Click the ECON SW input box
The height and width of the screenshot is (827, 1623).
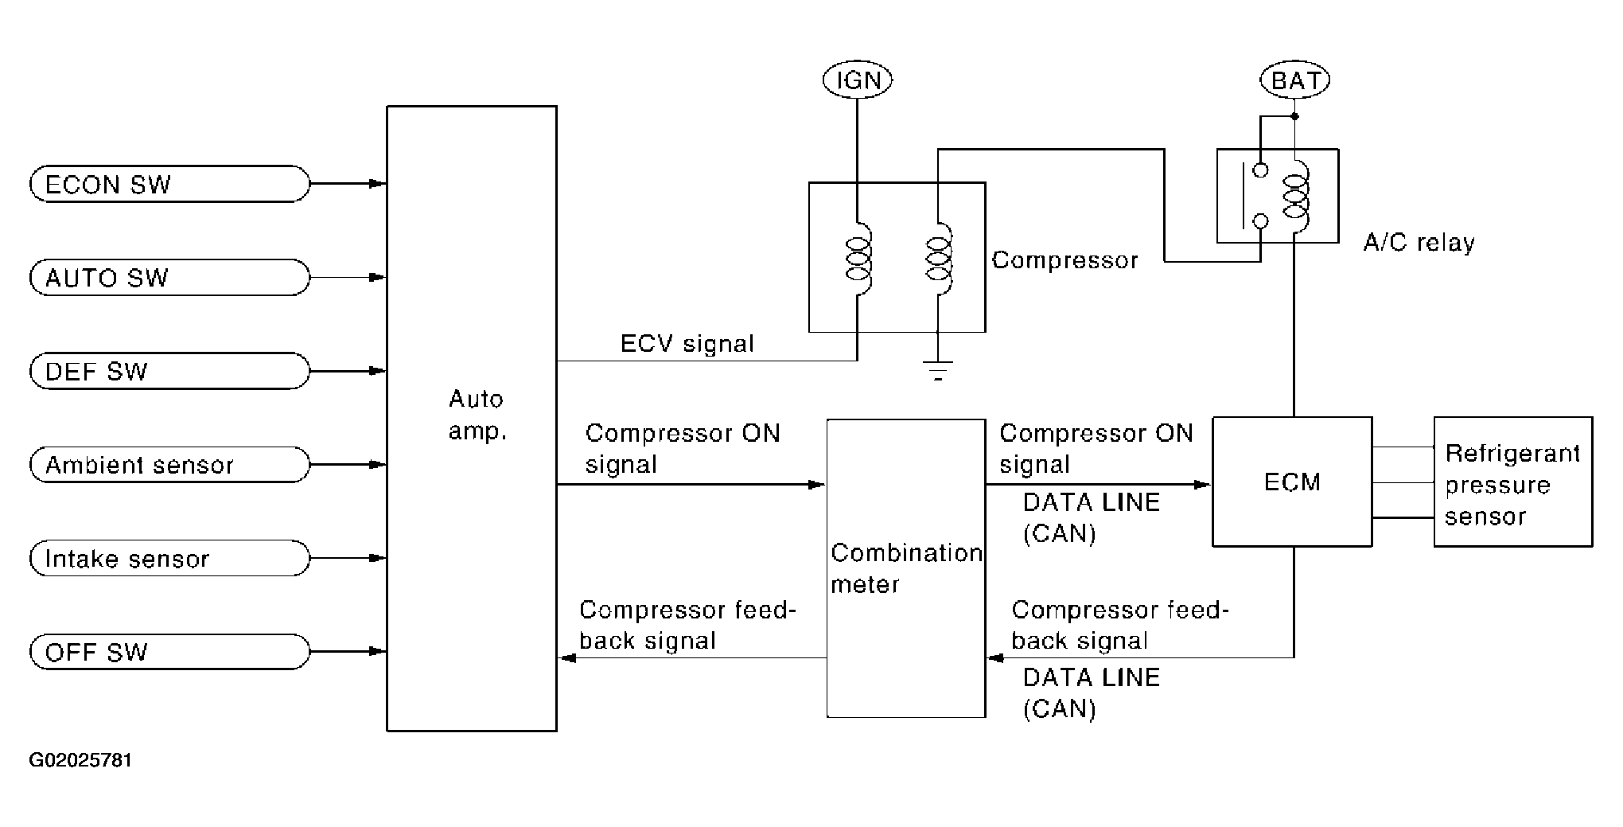(169, 184)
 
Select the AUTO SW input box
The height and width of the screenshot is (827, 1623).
(169, 278)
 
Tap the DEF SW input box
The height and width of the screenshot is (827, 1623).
(169, 371)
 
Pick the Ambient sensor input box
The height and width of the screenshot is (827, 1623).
(169, 465)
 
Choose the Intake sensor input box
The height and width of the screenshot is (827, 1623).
(169, 558)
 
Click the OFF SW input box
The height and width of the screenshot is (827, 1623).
(169, 652)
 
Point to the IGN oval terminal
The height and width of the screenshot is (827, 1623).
(858, 80)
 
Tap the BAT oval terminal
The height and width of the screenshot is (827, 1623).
(1295, 80)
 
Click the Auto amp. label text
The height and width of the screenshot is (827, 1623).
(477, 415)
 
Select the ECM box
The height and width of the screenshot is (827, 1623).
(1292, 482)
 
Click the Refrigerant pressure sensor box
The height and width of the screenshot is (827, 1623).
(1513, 482)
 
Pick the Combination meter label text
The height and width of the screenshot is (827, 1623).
(906, 568)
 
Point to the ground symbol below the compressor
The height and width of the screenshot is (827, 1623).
(938, 371)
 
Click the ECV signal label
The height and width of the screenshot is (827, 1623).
(687, 344)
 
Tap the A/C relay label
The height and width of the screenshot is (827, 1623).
(1419, 242)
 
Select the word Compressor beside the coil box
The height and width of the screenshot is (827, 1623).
(1065, 260)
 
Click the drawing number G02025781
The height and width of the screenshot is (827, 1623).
(80, 760)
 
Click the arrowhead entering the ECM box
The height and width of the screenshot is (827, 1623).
(1201, 484)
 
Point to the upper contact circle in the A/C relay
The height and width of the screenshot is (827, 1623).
(1260, 170)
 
